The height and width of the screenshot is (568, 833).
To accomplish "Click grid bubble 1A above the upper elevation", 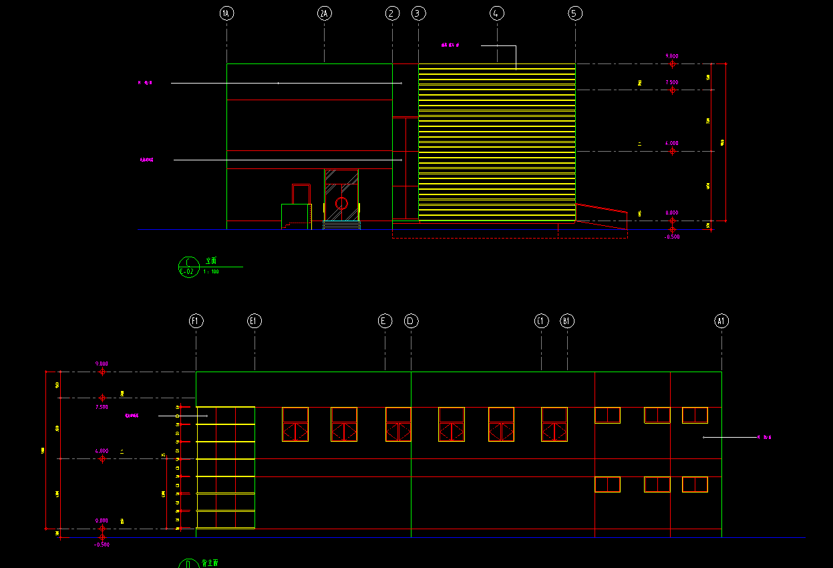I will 226,13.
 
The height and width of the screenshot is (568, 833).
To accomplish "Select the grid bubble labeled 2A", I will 324,13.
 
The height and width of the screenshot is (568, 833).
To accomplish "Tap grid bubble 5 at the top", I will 575,13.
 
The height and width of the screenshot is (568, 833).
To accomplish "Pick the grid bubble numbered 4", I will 496,13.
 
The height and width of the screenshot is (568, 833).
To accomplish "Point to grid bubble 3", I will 419,13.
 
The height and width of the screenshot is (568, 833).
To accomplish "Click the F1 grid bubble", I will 196,321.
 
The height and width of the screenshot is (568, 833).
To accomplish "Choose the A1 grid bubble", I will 721,321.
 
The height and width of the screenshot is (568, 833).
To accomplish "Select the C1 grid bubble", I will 541,321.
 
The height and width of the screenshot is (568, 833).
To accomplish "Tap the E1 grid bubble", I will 255,321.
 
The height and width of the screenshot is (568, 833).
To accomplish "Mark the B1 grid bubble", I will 567,321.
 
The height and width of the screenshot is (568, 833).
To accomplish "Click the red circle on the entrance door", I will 341,203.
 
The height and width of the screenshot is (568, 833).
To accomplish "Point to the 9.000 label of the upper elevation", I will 672,56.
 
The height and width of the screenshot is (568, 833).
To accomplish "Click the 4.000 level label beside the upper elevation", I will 672,143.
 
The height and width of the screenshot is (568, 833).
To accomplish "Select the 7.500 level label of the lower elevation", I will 102,406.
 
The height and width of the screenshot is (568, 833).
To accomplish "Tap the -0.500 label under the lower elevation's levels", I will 102,545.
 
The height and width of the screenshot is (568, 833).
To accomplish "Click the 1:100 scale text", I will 211,272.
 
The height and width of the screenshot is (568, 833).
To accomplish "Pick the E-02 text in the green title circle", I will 188,271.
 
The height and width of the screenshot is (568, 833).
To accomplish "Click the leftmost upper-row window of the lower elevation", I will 295,424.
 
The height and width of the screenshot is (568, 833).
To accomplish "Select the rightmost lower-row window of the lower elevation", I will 695,484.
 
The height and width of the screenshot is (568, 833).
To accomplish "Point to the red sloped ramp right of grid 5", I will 601,214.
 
